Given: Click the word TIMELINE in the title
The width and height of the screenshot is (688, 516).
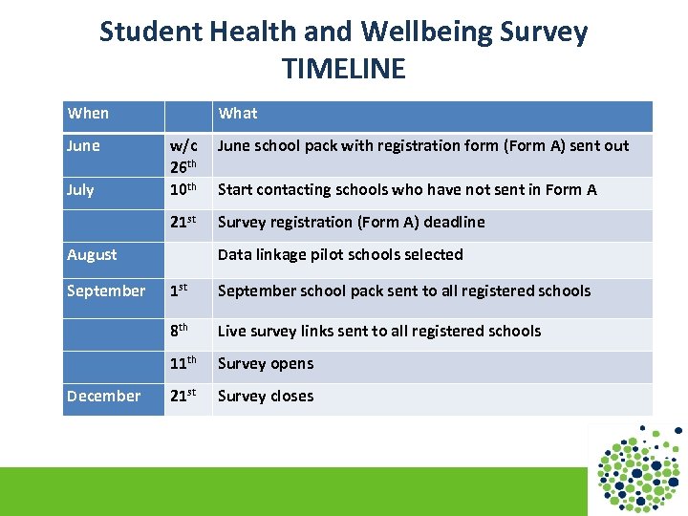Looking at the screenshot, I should pos(344,69).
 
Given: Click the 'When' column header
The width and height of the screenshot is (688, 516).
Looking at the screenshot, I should pos(88,114).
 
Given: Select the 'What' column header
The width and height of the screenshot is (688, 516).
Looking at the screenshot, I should pos(238,114).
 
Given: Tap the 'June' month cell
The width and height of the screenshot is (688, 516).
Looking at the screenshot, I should pos(84,146).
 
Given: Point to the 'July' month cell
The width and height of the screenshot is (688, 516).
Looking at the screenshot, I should pos(81,189).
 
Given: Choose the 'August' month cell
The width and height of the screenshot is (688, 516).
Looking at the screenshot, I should pos(93,255).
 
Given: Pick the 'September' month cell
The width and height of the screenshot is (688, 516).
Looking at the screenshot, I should pos(106,291).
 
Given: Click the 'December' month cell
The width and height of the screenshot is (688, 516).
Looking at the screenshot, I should pos(104,397).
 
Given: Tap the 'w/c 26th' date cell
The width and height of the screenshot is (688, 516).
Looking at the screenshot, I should pos(183,155).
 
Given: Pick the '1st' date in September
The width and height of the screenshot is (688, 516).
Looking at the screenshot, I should pos(181,291).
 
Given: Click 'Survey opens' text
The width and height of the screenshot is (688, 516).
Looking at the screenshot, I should pos(266,364).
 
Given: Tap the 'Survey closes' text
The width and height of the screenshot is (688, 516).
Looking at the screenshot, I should pos(266,397).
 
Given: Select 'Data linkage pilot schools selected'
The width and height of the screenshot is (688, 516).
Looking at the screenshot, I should pos(340,255).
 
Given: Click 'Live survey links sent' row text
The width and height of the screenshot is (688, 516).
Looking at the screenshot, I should pos(379,332).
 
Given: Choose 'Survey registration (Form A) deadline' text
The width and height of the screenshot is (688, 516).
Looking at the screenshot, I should pos(351,223).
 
